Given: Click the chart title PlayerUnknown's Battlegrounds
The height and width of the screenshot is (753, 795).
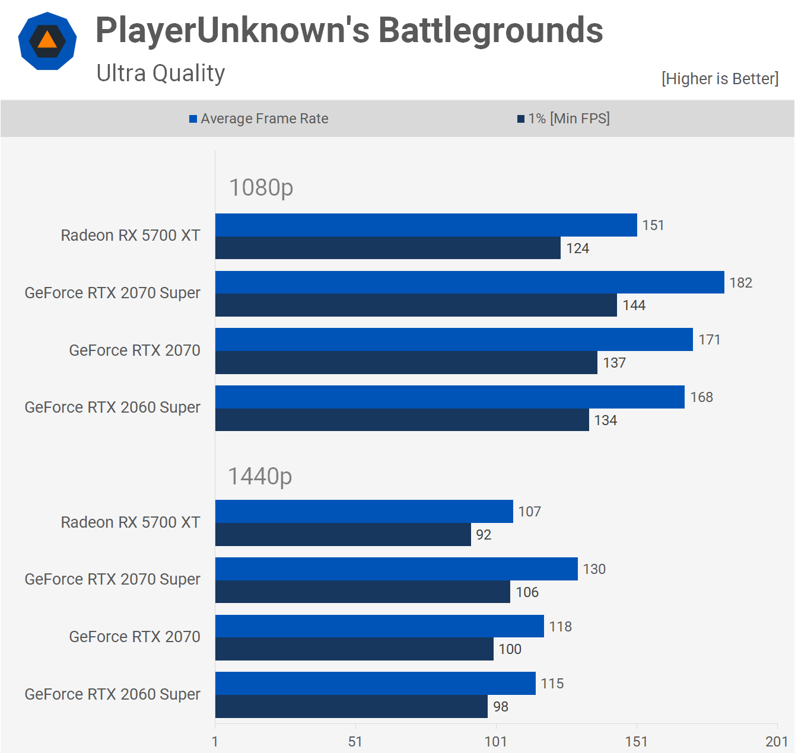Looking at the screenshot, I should tap(349, 30).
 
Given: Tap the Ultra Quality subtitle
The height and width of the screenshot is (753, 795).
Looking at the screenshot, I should tap(161, 74).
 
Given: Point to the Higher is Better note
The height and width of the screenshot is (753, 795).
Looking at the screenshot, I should tap(720, 79).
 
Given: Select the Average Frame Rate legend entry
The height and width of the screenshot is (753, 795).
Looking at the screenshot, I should tap(259, 119).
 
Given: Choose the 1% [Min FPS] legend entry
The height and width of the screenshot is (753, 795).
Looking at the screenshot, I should tap(564, 119).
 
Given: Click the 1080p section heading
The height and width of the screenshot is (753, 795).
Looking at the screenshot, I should tap(261, 188).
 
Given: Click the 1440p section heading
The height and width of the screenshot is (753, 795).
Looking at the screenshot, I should tap(260, 477).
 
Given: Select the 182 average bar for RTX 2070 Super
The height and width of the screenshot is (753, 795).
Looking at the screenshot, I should tap(469, 282).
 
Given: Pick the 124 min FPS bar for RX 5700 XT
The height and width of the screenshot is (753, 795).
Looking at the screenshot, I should tap(387, 248).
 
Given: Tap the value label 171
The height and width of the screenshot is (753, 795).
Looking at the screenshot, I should tap(709, 340).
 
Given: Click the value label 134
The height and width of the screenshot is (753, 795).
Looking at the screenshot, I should tap(606, 420).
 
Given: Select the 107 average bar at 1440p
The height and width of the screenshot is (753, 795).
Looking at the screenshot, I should tap(364, 511).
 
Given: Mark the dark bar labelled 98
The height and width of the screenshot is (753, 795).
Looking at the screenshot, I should tap(351, 706).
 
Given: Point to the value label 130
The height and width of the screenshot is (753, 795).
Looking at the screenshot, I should tap(594, 569).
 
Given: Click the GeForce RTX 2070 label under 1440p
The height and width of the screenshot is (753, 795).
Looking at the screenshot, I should tap(135, 637).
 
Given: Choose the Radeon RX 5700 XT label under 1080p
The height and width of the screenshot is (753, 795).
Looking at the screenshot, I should tap(131, 235).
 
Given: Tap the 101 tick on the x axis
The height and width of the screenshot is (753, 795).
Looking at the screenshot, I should tap(496, 741).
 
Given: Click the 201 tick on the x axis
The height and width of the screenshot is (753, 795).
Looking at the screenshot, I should tap(777, 741).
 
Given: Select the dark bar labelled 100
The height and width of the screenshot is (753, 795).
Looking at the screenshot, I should tap(354, 649).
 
